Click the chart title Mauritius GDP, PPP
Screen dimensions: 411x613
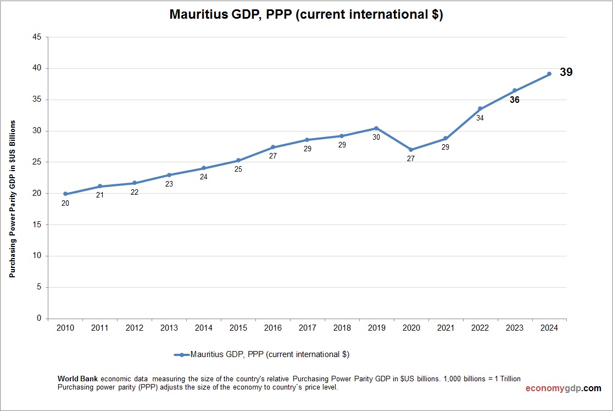306,15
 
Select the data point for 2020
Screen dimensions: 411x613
411,150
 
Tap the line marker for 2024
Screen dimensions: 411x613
549,74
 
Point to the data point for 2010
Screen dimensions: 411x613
65,194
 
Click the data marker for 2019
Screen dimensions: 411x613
376,128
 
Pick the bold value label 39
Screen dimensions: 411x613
566,72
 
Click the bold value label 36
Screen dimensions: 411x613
514,100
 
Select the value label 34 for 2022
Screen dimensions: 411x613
480,118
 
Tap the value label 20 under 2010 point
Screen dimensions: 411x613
65,204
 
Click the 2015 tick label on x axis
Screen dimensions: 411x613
238,328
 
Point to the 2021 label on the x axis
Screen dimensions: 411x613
445,328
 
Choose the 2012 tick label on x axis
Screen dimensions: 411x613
135,328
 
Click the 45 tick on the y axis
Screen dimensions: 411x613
37,37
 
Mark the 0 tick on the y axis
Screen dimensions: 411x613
39,319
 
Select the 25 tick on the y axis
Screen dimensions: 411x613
37,162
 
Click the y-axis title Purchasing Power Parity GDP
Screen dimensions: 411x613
12,199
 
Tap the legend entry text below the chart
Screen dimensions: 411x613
269,355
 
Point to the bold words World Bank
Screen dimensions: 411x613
78,379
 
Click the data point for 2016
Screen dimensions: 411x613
273,147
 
